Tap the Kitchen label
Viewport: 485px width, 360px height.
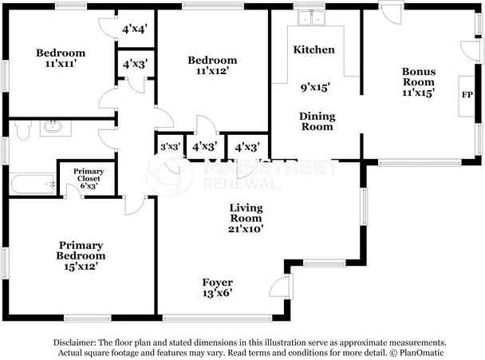pos(313,49)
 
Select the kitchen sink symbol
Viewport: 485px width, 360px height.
pos(310,17)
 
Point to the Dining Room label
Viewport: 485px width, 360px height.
pos(316,121)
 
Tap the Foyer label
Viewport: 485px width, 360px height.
pos(217,283)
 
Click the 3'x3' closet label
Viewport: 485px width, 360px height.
pos(168,147)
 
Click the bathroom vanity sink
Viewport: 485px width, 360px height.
pos(53,126)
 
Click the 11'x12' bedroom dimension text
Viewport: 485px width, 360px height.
pos(212,72)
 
